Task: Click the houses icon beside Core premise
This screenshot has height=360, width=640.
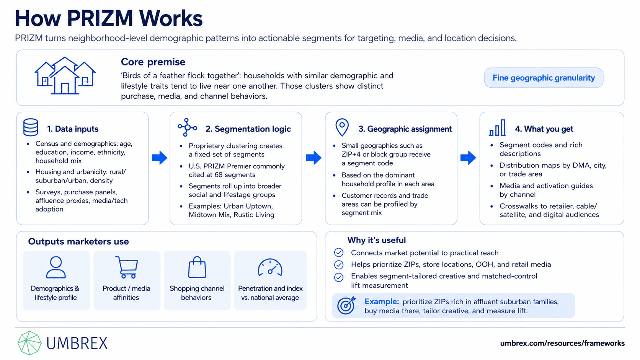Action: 65,76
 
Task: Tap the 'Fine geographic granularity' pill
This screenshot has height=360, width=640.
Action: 544,78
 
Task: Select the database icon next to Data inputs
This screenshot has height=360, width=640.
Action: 31,127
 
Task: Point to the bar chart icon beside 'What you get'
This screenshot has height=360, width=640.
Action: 497,128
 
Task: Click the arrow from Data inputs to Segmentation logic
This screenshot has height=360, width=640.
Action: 160,158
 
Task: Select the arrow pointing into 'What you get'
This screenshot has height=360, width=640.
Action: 468,158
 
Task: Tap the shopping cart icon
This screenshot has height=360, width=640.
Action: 127,267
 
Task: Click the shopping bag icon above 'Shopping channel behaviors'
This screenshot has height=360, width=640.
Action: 197,267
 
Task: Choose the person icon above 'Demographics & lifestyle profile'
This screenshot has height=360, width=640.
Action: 56,267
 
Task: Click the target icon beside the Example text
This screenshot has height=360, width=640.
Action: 346,305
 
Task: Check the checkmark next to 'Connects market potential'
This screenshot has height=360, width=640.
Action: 339,252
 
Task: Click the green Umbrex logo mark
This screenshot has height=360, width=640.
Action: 29,343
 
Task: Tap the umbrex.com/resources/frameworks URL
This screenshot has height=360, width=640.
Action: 562,343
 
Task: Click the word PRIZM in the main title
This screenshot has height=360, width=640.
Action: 100,18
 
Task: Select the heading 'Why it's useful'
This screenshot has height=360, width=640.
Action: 376,240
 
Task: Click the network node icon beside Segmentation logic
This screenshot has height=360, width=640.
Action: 187,127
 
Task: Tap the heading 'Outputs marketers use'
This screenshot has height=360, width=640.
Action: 78,241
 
